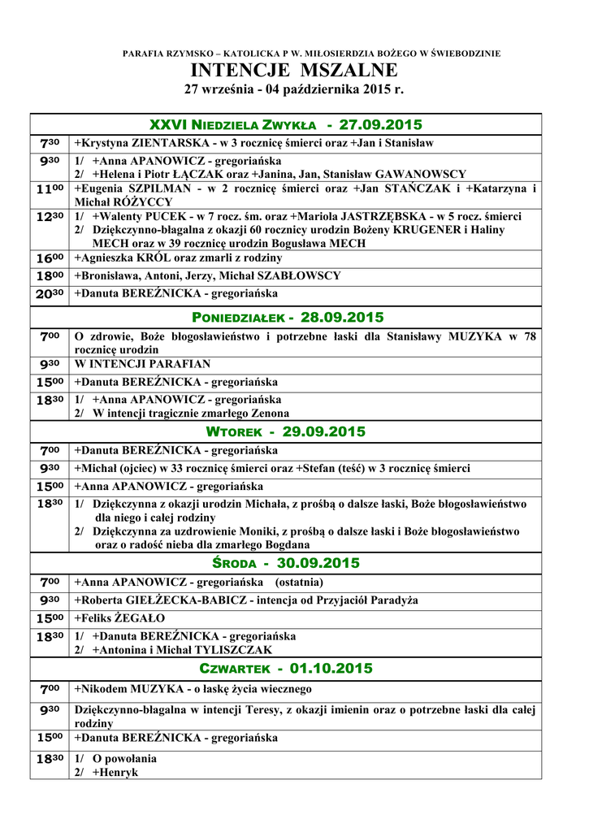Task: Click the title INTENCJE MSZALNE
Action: pyautogui.click(x=294, y=70)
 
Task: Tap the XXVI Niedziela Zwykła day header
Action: pyautogui.click(x=286, y=124)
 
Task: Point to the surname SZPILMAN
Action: pyautogui.click(x=151, y=188)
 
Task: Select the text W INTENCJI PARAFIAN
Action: pyautogui.click(x=142, y=364)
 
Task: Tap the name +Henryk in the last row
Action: pyautogui.click(x=115, y=772)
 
